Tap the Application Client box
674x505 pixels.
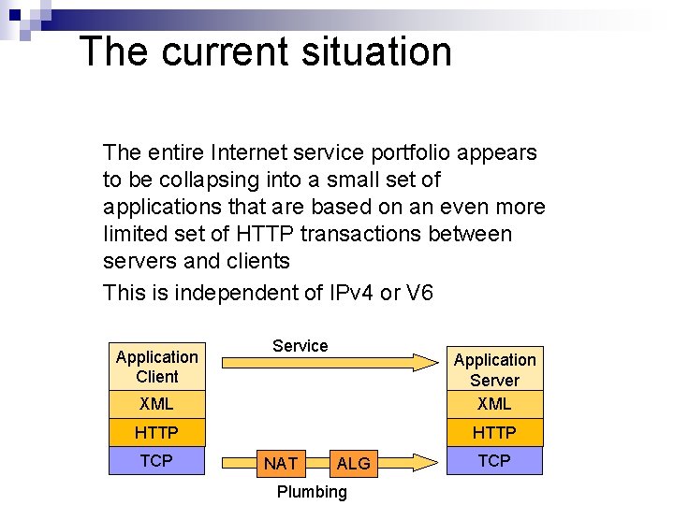click(156, 366)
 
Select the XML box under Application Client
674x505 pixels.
click(156, 404)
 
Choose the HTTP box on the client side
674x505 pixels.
click(156, 432)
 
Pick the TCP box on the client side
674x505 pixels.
click(156, 460)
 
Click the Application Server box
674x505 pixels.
click(494, 369)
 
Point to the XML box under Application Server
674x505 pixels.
click(494, 404)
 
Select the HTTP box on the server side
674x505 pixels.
click(494, 432)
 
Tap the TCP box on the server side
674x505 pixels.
click(494, 460)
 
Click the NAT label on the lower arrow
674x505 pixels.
click(281, 463)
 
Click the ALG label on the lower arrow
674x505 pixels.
click(353, 463)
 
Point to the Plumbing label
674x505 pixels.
click(312, 492)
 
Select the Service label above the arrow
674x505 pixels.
click(300, 346)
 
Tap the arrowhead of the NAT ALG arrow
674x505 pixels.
click(426, 462)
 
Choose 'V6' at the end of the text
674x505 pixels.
click(419, 293)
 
